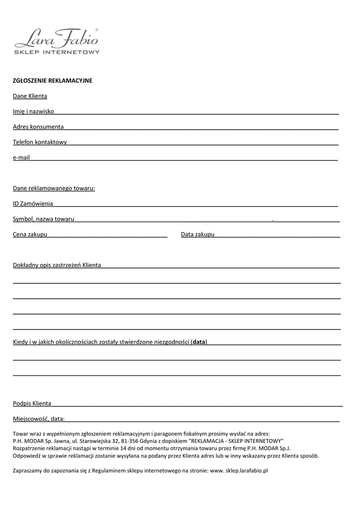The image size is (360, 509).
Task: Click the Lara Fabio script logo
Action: pos(57,38)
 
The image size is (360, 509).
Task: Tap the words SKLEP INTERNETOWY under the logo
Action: pos(57,52)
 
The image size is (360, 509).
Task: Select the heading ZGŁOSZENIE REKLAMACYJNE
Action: pos(52,81)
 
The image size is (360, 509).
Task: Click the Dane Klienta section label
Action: pos(30,96)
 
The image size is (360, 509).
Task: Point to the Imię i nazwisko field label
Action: pos(33,111)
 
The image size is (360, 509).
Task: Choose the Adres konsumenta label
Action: pos(38,127)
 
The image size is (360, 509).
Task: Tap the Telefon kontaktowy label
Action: pos(40,142)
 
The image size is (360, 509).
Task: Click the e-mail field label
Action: pos(21,158)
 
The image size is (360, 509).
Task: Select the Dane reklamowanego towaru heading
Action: pos(54,188)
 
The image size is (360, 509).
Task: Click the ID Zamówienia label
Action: pos(33,204)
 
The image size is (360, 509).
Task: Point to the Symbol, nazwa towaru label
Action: pos(43,219)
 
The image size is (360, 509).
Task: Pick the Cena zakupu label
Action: pos(30,234)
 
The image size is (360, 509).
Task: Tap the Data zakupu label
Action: pos(197,234)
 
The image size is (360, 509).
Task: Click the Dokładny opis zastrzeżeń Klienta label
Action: pos(57,265)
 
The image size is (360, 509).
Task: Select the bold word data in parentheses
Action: pos(199,342)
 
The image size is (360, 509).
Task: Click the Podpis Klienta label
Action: pos(32,403)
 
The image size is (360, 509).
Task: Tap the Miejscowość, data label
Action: pos(38,419)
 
